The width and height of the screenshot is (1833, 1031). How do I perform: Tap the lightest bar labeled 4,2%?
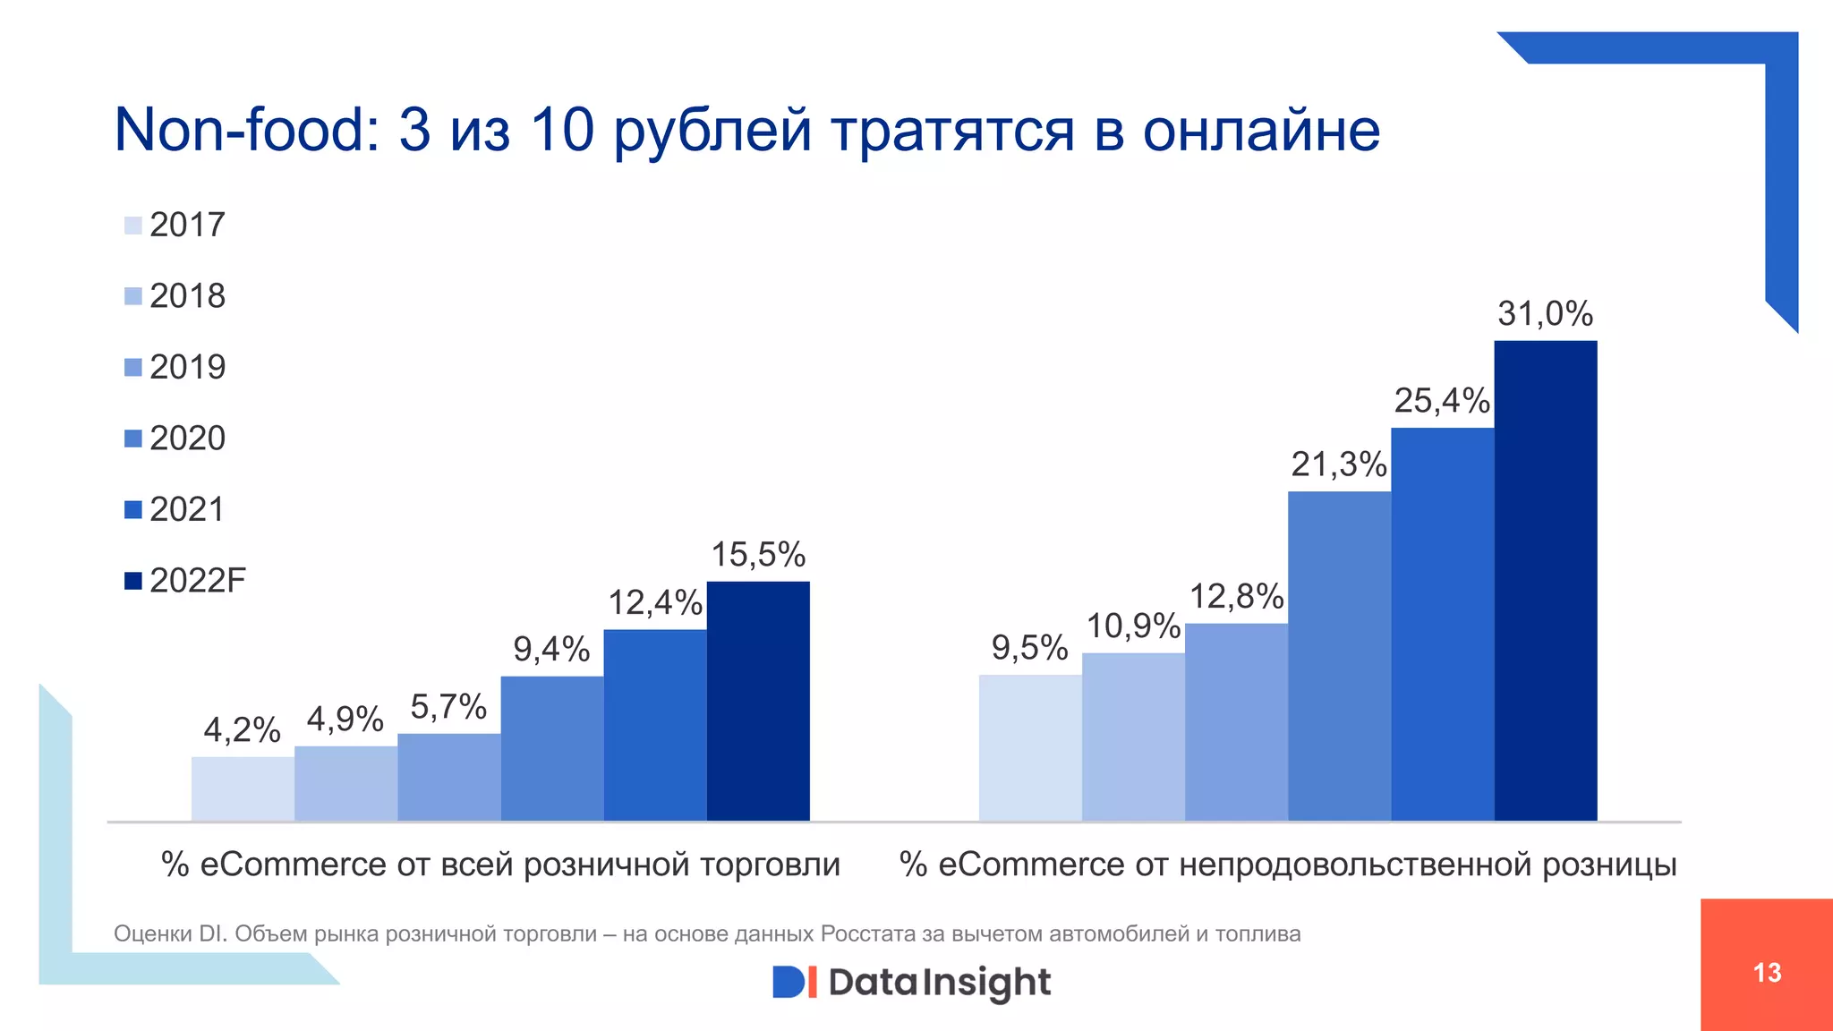pos(243,788)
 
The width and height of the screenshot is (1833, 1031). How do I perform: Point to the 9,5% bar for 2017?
pos(1029,747)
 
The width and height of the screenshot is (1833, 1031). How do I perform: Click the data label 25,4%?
pos(1441,401)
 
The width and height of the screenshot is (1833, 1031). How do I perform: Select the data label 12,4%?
pos(655,603)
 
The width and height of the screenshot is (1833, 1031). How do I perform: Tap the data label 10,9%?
pos(1132,626)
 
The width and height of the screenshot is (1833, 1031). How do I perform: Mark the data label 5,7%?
pos(448,708)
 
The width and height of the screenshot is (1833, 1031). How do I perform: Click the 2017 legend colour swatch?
pos(132,226)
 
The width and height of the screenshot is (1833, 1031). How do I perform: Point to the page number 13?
pos(1767,973)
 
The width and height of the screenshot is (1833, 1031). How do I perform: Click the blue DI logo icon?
pos(794,982)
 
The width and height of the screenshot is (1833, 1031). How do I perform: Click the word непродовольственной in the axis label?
pos(1355,865)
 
